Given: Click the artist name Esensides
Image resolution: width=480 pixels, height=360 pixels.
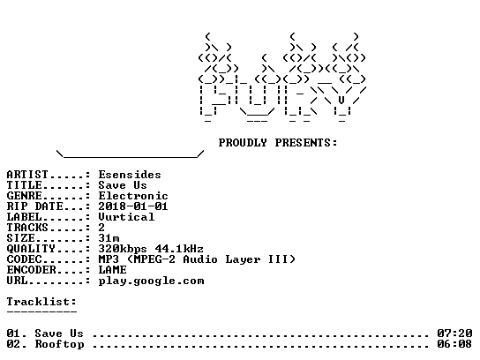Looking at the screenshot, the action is click(x=130, y=175).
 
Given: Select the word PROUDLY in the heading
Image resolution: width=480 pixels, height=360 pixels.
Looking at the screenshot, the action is click(x=243, y=143).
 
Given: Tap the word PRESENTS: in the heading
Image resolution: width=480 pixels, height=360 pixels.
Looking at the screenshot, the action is click(x=306, y=143).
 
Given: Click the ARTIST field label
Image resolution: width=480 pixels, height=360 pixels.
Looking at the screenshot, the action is click(x=27, y=175).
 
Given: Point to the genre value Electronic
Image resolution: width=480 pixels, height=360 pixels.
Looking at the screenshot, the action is click(x=133, y=196).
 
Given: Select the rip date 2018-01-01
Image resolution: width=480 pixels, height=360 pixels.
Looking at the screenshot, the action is click(x=133, y=206).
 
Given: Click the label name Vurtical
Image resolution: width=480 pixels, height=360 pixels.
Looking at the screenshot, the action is click(x=126, y=217).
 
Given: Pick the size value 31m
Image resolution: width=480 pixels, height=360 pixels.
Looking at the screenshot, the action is click(x=109, y=238).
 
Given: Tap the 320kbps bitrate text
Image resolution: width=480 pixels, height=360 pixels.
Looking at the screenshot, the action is click(x=123, y=249).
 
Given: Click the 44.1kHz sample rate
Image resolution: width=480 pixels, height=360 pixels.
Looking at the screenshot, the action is click(x=179, y=249).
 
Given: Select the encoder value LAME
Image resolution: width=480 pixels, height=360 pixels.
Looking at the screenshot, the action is click(x=112, y=270).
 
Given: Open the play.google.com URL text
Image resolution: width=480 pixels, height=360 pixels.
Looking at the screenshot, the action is click(x=151, y=281).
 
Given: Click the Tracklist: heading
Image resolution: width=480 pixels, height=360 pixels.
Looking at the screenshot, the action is click(x=41, y=302).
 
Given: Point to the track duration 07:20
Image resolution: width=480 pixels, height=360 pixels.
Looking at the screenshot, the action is click(x=454, y=333).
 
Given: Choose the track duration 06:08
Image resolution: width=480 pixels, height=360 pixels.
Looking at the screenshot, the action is click(x=454, y=344).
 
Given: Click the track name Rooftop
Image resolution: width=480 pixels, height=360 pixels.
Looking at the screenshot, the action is click(x=59, y=344).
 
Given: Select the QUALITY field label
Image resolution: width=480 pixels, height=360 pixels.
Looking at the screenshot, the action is click(x=31, y=249).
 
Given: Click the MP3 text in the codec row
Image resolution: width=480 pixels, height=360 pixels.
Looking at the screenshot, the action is click(x=109, y=259).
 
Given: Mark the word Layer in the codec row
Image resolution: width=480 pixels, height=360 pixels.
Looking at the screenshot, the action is click(x=243, y=260).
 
